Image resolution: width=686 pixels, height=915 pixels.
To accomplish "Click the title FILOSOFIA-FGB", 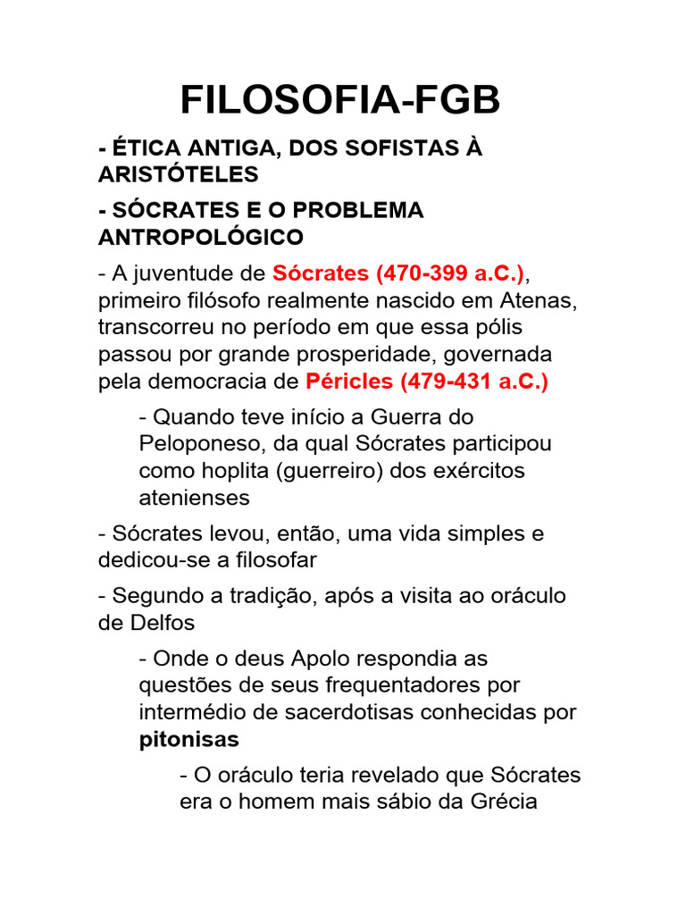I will pyautogui.click(x=340, y=101).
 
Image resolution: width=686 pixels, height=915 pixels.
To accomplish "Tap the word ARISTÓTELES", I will pyautogui.click(x=178, y=173).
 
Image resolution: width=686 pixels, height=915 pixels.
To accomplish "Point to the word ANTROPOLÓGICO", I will pyautogui.click(x=200, y=237).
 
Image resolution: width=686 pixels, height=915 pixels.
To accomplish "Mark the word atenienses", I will pyautogui.click(x=195, y=497).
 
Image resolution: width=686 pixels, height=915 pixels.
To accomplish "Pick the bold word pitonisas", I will pyautogui.click(x=189, y=739).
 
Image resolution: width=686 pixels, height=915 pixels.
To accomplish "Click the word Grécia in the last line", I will pyautogui.click(x=500, y=802).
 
